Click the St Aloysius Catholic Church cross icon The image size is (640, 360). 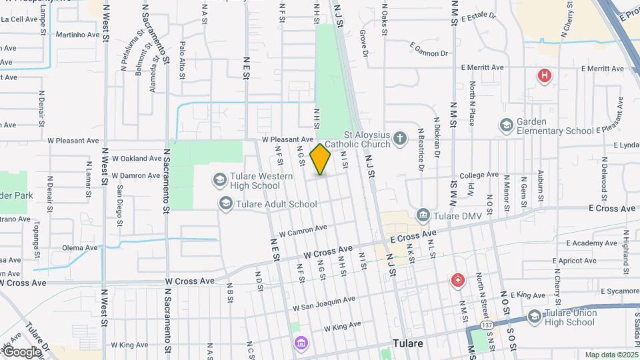(399, 139)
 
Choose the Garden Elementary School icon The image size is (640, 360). (506, 125)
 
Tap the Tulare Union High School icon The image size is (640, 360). (534, 317)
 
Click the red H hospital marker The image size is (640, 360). (545, 76)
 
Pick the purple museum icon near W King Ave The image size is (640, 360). (301, 343)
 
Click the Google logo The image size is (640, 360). (21, 352)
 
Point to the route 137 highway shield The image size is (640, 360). (487, 325)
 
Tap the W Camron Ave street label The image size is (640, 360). (303, 230)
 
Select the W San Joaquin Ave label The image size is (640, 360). (323, 304)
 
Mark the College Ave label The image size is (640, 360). (479, 175)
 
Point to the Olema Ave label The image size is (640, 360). (80, 247)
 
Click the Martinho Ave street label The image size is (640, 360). (78, 35)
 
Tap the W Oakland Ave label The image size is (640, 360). (137, 159)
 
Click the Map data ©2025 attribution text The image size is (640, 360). (610, 355)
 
